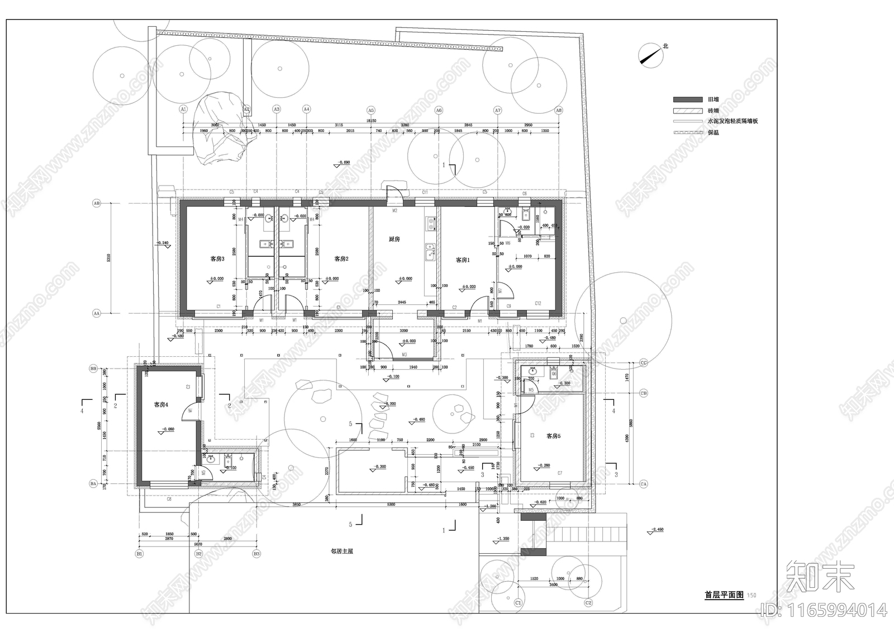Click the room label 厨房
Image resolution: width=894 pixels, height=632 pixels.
(x=394, y=239)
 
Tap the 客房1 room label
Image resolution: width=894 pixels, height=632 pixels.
(x=463, y=260)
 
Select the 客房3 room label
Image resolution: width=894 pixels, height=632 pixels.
(x=217, y=259)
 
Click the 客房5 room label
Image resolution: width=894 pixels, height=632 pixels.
(x=553, y=436)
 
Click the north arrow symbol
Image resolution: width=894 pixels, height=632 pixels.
(x=650, y=55)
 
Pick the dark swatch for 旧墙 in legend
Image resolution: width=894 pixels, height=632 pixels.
(x=687, y=100)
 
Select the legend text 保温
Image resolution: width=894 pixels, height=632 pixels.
(x=713, y=133)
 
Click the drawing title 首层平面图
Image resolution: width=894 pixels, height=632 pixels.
(x=724, y=595)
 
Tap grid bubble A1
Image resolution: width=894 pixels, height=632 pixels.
(x=183, y=110)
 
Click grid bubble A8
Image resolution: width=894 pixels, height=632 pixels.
(x=558, y=110)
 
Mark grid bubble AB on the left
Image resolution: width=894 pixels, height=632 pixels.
(x=96, y=204)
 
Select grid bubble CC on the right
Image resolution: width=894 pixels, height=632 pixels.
(x=643, y=363)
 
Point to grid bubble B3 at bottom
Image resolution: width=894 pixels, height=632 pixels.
(x=256, y=554)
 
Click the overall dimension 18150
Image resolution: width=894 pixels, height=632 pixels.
(x=371, y=120)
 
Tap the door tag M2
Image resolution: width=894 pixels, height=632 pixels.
(x=394, y=211)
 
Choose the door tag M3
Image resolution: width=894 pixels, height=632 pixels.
(x=403, y=355)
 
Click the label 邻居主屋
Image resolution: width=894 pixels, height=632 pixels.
(x=341, y=551)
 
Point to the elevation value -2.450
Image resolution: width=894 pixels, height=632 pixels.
(x=657, y=529)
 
